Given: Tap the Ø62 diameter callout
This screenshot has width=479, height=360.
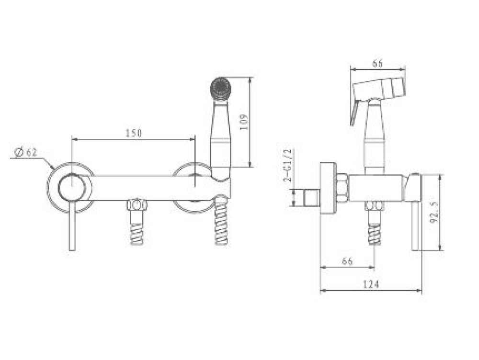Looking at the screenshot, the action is click(26, 152).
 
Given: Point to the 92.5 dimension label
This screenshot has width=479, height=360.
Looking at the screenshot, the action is click(435, 213).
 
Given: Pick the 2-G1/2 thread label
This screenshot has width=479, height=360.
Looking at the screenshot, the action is click(289, 165).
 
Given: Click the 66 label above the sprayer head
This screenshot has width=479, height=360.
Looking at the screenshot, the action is click(377, 64).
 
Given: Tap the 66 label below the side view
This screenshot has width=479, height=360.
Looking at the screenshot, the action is click(347, 261).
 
